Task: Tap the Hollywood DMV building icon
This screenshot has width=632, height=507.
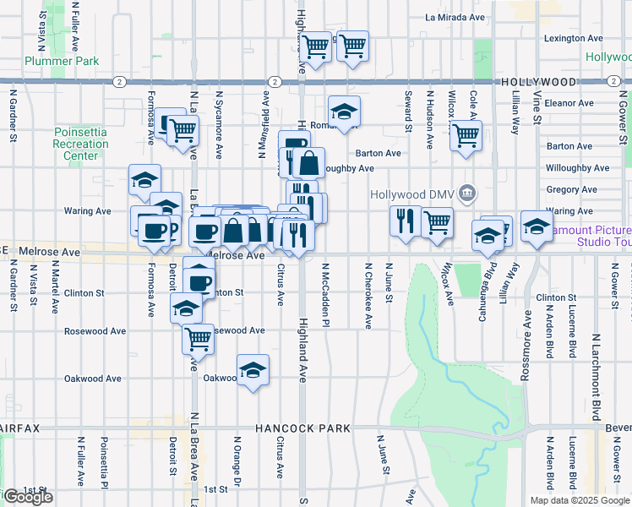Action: point(466,194)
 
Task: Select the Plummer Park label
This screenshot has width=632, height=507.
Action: point(62,61)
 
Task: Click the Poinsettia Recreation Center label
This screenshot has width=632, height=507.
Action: point(80,144)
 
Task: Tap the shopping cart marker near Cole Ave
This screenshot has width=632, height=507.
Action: point(466,134)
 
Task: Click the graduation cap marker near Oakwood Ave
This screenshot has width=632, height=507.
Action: point(252,370)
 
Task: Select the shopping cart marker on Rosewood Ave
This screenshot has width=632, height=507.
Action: point(198,338)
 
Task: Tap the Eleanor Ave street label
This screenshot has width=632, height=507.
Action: point(570,103)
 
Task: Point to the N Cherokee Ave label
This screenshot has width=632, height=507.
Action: point(368,295)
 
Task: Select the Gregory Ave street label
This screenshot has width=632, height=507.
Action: point(571,189)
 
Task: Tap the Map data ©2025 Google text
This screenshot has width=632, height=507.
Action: point(579,500)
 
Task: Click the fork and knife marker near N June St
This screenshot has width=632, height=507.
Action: point(406,221)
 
